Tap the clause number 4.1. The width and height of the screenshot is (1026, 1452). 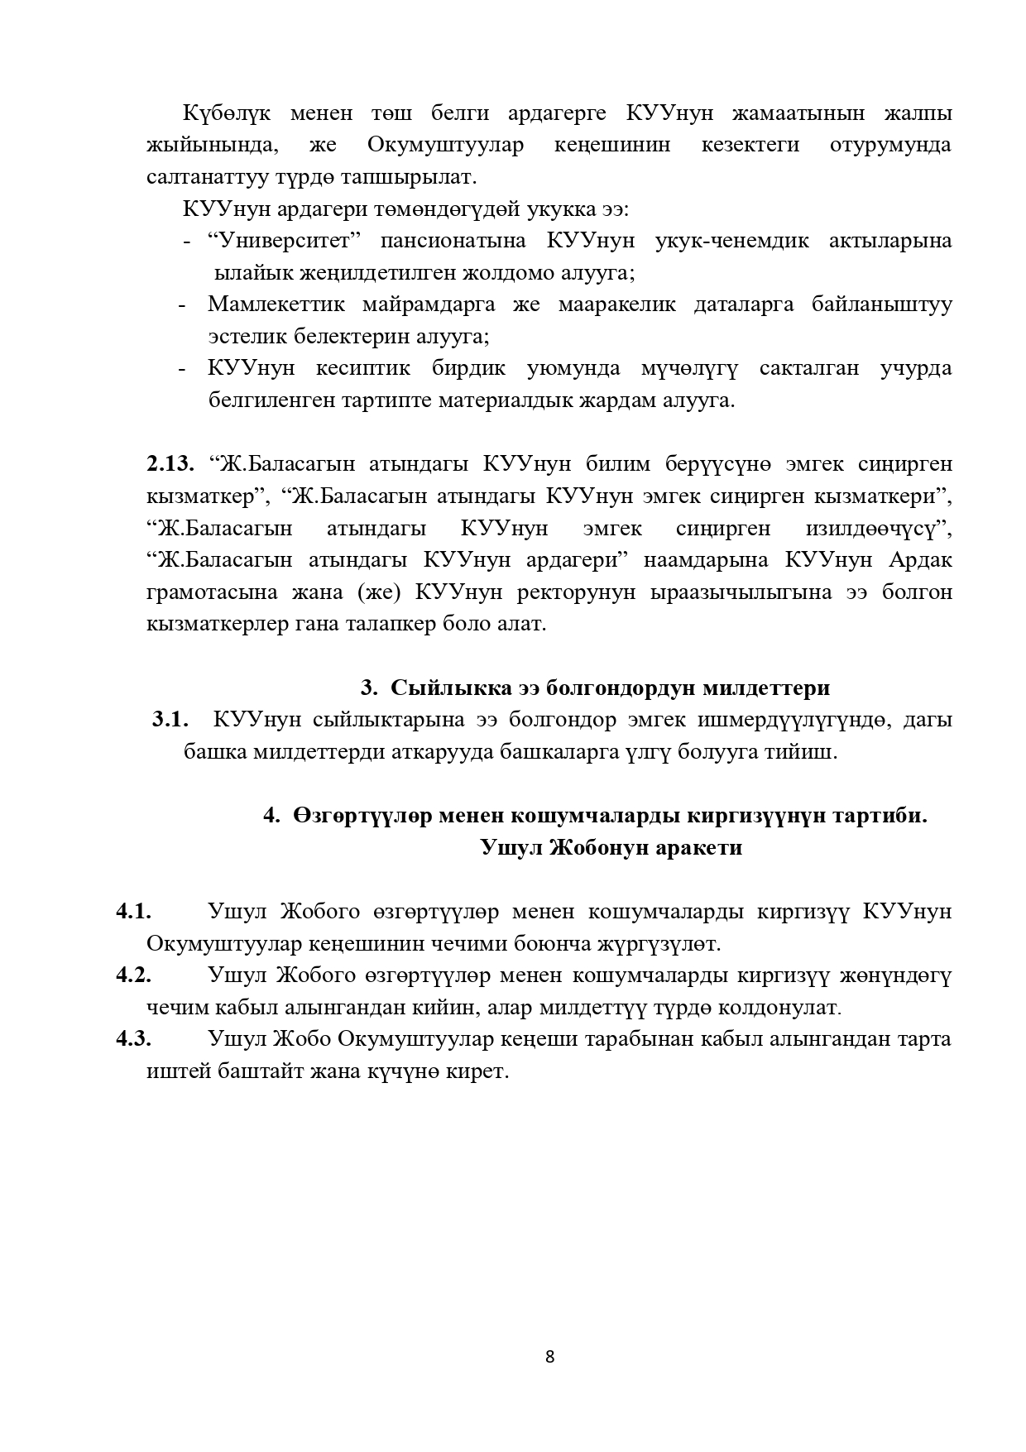pyautogui.click(x=133, y=912)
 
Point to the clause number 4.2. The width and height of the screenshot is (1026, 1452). pyautogui.click(x=133, y=975)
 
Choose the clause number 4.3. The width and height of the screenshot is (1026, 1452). pyautogui.click(x=133, y=1039)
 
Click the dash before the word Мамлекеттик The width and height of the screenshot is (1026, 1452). pyautogui.click(x=181, y=305)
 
